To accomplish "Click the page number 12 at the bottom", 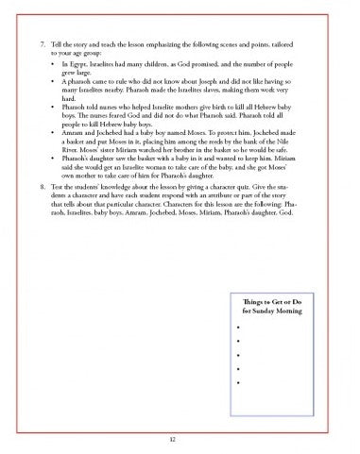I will coord(180,437).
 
